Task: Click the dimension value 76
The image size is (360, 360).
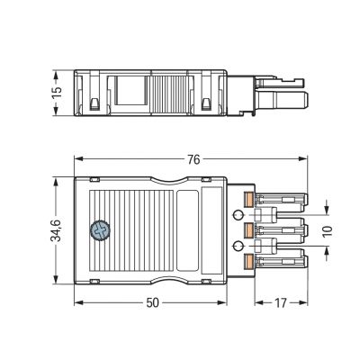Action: (x=194, y=159)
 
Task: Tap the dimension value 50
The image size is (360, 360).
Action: (x=152, y=303)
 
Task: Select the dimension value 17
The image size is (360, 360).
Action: (x=281, y=303)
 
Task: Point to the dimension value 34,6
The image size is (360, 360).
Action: (x=56, y=230)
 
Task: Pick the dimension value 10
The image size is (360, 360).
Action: (x=328, y=230)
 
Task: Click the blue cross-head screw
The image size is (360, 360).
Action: (x=100, y=230)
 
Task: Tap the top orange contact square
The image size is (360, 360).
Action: (x=248, y=200)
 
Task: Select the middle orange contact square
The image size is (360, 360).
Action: (x=248, y=230)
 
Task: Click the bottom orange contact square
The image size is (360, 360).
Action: (x=248, y=261)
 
